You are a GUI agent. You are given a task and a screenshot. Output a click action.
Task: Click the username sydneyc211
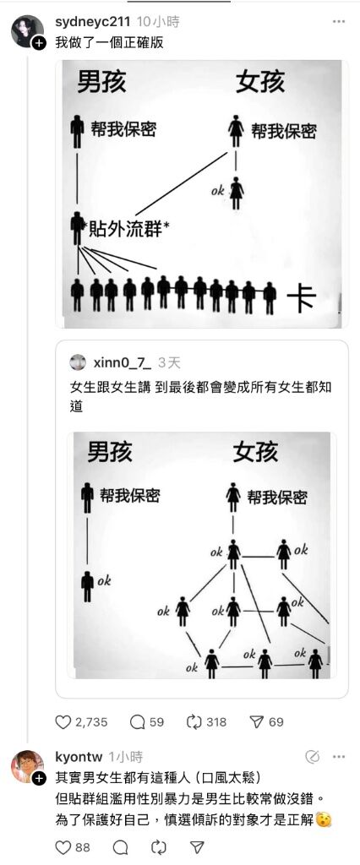point(93,22)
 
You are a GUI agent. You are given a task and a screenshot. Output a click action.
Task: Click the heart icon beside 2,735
point(63,721)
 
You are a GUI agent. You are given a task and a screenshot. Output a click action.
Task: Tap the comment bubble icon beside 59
point(136,721)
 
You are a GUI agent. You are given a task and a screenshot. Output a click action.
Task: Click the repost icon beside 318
point(194,721)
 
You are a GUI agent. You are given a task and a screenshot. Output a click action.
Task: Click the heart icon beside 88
point(63,846)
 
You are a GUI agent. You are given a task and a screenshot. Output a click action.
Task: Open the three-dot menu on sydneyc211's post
point(339,22)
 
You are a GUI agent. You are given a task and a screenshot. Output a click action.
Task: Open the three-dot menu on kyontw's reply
point(339,757)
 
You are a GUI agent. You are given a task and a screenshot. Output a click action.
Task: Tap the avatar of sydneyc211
point(27,31)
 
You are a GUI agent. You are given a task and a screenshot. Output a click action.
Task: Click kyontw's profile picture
point(27,766)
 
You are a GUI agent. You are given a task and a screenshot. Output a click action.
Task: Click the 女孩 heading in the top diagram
point(260,82)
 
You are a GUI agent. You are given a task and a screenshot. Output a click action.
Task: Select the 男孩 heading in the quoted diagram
point(110,452)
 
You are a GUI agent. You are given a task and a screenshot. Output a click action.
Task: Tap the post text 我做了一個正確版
point(110,42)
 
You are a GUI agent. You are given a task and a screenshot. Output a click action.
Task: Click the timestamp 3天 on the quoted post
point(169,362)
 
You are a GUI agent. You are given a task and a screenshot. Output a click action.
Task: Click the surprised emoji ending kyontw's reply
point(325,820)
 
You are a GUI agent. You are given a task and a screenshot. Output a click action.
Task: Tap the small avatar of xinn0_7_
point(78,362)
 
